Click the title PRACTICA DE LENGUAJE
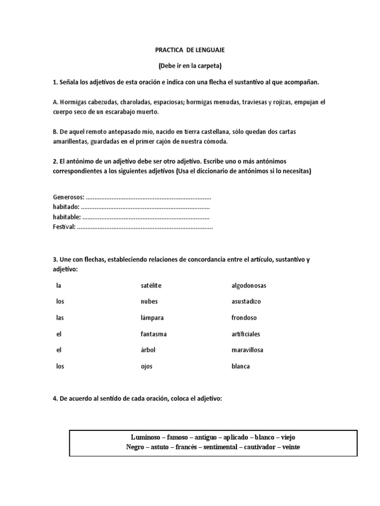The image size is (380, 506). click(x=190, y=50)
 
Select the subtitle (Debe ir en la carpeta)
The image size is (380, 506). click(x=190, y=66)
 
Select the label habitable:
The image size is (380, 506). click(x=67, y=216)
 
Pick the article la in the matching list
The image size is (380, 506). click(x=59, y=286)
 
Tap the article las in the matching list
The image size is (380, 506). click(x=60, y=318)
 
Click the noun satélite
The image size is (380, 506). click(x=151, y=286)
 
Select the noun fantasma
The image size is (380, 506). click(x=153, y=334)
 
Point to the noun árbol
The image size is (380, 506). click(x=148, y=350)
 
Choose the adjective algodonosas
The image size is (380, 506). click(x=249, y=286)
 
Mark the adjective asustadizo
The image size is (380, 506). click(x=246, y=301)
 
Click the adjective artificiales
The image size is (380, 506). click(x=245, y=334)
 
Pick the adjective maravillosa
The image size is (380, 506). click(x=247, y=350)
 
